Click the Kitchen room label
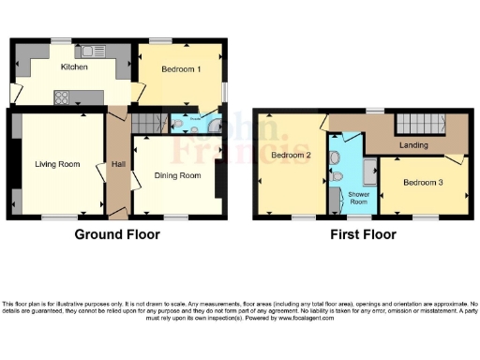click(x=74, y=67)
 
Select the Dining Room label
click(x=178, y=175)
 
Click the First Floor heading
click(x=362, y=234)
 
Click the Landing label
click(x=413, y=145)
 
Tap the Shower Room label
click(x=360, y=198)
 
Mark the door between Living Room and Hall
click(x=102, y=173)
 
